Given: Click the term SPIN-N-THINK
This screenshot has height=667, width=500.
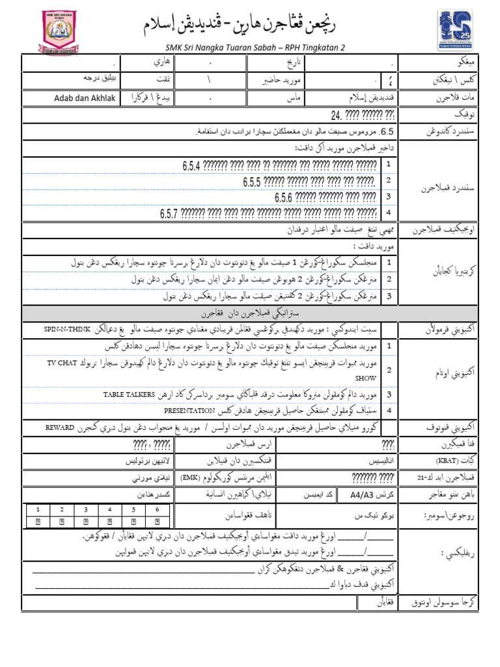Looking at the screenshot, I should click(x=68, y=329).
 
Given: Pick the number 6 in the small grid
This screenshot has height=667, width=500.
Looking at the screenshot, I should click(x=158, y=509).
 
